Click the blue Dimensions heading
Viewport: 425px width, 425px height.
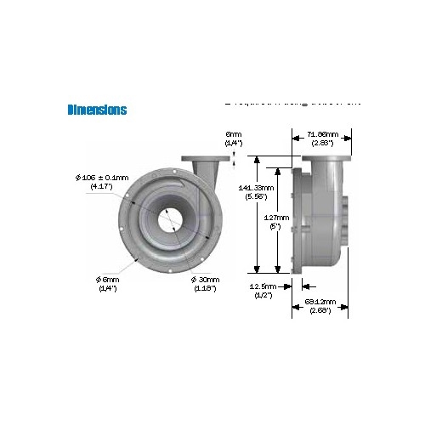(x=97, y=110)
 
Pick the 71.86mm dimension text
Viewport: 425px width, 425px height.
(x=322, y=134)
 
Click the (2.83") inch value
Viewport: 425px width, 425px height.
(x=322, y=143)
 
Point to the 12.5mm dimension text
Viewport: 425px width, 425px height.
(x=263, y=286)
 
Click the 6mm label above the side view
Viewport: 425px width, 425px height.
(x=233, y=134)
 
